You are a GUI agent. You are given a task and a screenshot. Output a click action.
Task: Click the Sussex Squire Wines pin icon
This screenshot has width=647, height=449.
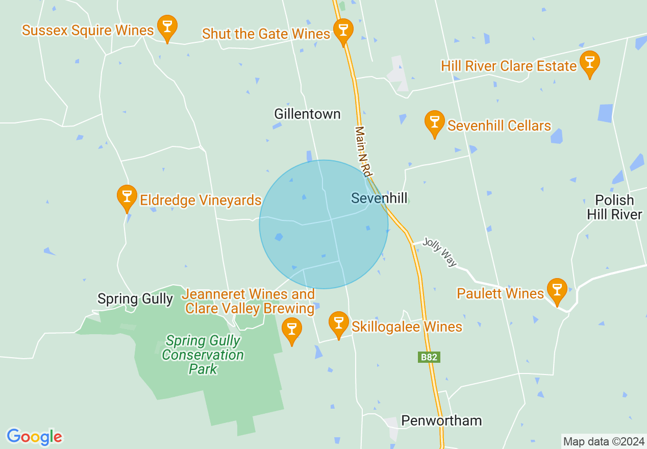167,28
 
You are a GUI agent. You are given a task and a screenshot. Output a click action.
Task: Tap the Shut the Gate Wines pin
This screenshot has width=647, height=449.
343,31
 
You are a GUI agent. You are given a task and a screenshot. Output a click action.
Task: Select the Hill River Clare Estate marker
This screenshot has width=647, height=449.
589,63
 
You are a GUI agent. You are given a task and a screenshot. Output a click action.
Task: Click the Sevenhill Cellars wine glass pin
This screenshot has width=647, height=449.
434,123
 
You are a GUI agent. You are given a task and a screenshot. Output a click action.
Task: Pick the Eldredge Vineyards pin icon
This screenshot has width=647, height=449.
127,197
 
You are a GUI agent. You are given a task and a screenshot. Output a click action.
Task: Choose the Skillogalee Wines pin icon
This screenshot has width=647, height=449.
338,324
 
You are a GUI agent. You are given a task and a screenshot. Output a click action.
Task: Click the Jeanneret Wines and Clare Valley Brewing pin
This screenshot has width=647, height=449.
291,330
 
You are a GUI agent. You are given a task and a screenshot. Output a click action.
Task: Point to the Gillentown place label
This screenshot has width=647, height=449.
307,114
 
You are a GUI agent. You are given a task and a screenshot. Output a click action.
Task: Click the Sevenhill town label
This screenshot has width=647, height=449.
380,198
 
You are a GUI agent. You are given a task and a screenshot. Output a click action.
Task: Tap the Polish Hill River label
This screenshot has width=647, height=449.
614,207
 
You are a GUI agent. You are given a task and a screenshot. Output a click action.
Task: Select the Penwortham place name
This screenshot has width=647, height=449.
441,420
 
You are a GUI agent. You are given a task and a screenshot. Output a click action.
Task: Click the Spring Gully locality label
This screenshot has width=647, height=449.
135,298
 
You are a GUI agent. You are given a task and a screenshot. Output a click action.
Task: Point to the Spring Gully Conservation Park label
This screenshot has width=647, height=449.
203,355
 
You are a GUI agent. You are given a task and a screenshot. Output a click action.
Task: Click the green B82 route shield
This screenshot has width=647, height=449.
428,357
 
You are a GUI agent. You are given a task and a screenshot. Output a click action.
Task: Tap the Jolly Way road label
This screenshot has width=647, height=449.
439,252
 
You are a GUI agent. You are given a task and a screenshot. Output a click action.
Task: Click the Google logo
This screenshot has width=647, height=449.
34,437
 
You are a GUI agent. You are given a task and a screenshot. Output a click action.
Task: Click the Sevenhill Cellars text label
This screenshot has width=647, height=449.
499,126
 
